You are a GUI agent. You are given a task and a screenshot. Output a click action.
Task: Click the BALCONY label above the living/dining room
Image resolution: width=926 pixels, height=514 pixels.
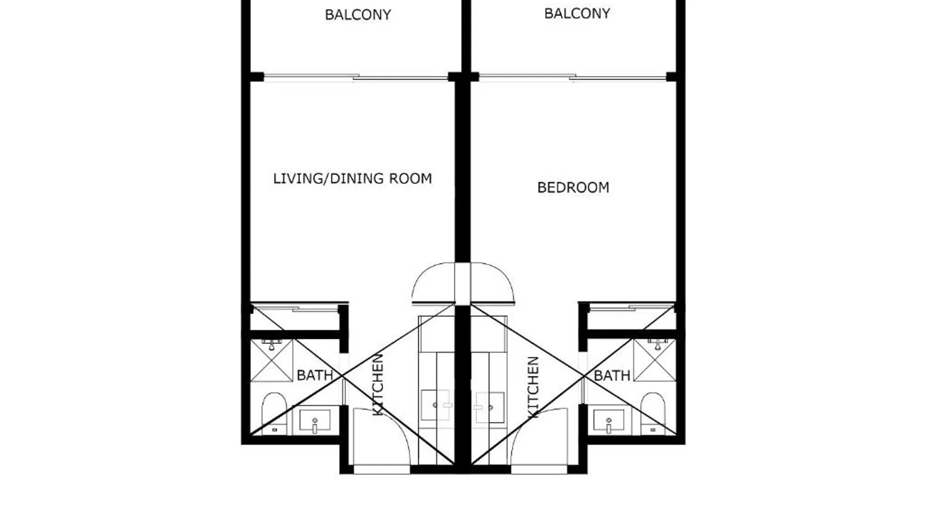pyautogui.click(x=358, y=15)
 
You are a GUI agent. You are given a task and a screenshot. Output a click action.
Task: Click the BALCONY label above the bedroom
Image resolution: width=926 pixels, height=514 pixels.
pyautogui.click(x=577, y=14)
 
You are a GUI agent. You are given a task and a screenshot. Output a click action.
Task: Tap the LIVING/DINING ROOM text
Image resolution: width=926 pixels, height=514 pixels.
pyautogui.click(x=352, y=179)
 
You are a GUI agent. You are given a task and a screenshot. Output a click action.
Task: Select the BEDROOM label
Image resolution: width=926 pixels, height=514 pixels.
pyautogui.click(x=573, y=188)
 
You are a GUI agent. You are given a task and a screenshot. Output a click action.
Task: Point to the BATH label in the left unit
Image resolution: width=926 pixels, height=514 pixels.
pyautogui.click(x=315, y=376)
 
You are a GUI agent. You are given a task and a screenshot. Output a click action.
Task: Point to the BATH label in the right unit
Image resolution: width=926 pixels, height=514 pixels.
pyautogui.click(x=612, y=376)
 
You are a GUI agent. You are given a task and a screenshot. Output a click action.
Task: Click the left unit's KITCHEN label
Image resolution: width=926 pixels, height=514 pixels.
pyautogui.click(x=378, y=384)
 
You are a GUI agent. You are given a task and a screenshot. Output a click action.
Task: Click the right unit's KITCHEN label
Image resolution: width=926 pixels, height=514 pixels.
pyautogui.click(x=533, y=387)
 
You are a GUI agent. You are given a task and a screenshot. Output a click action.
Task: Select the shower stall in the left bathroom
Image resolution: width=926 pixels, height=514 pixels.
pyautogui.click(x=271, y=360)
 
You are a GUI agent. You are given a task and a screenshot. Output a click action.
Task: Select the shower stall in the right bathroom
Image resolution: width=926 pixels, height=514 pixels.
pyautogui.click(x=654, y=360)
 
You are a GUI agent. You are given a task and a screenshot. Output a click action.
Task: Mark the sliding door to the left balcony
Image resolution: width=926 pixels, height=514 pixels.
pyautogui.click(x=355, y=78)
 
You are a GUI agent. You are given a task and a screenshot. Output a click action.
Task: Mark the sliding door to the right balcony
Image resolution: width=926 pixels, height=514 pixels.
pyautogui.click(x=573, y=78)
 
